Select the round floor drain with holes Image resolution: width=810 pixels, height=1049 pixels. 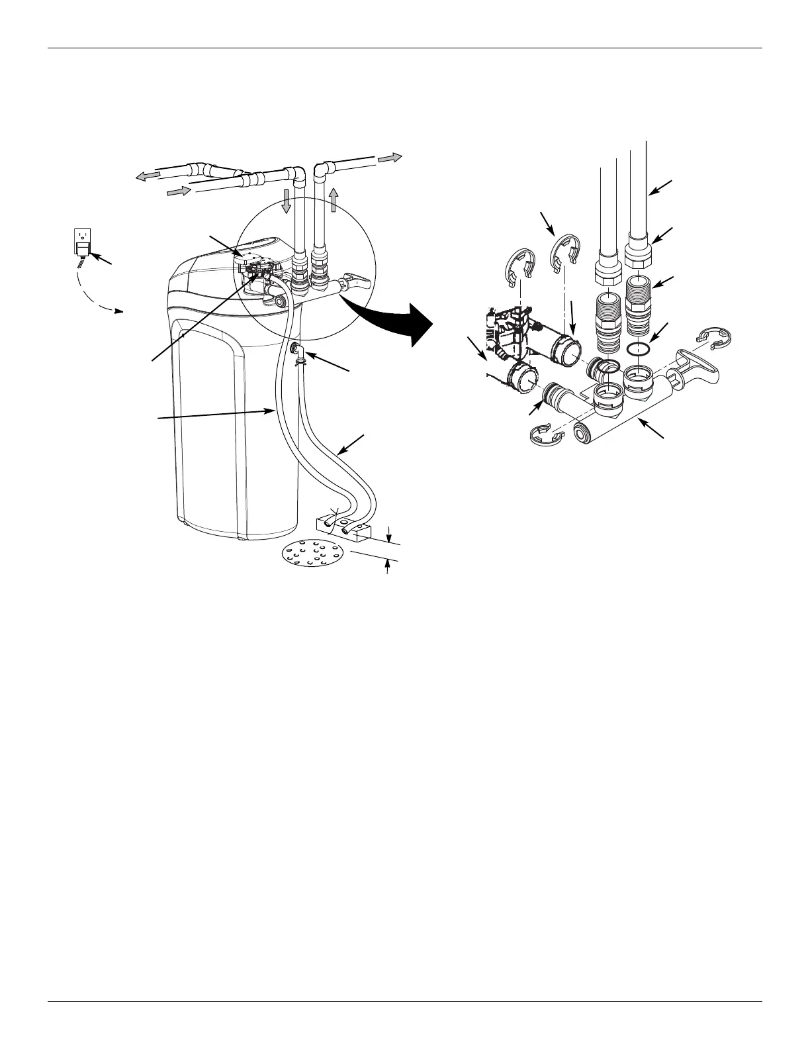coord(314,554)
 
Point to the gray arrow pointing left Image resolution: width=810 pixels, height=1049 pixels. coord(149,175)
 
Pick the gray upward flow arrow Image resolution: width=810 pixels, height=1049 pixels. coord(334,199)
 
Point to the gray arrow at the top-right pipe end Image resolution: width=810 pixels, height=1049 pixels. coord(390,158)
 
